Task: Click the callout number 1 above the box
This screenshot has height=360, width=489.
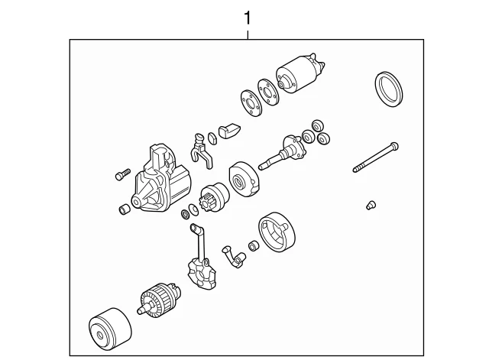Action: tap(248, 18)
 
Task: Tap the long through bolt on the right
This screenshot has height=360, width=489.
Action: tap(376, 157)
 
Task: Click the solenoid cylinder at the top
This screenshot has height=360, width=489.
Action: tap(300, 73)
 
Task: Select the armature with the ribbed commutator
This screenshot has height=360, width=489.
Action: tap(159, 299)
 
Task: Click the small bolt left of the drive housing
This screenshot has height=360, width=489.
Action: tap(122, 174)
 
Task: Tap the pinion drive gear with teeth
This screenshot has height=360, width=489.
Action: tap(214, 197)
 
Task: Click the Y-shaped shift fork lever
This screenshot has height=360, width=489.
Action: tap(200, 151)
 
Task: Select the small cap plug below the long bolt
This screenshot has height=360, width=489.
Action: tap(371, 206)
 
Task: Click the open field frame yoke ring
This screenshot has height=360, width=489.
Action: tap(277, 232)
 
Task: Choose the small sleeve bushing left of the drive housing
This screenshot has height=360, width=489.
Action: tap(125, 209)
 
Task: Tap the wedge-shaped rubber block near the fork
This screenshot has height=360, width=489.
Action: tap(229, 131)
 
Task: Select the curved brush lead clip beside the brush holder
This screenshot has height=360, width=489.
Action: tap(234, 256)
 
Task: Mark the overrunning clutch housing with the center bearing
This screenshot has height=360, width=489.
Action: tap(244, 180)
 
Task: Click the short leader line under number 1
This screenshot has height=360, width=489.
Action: tap(248, 34)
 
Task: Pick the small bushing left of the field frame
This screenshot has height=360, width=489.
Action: tap(253, 246)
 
